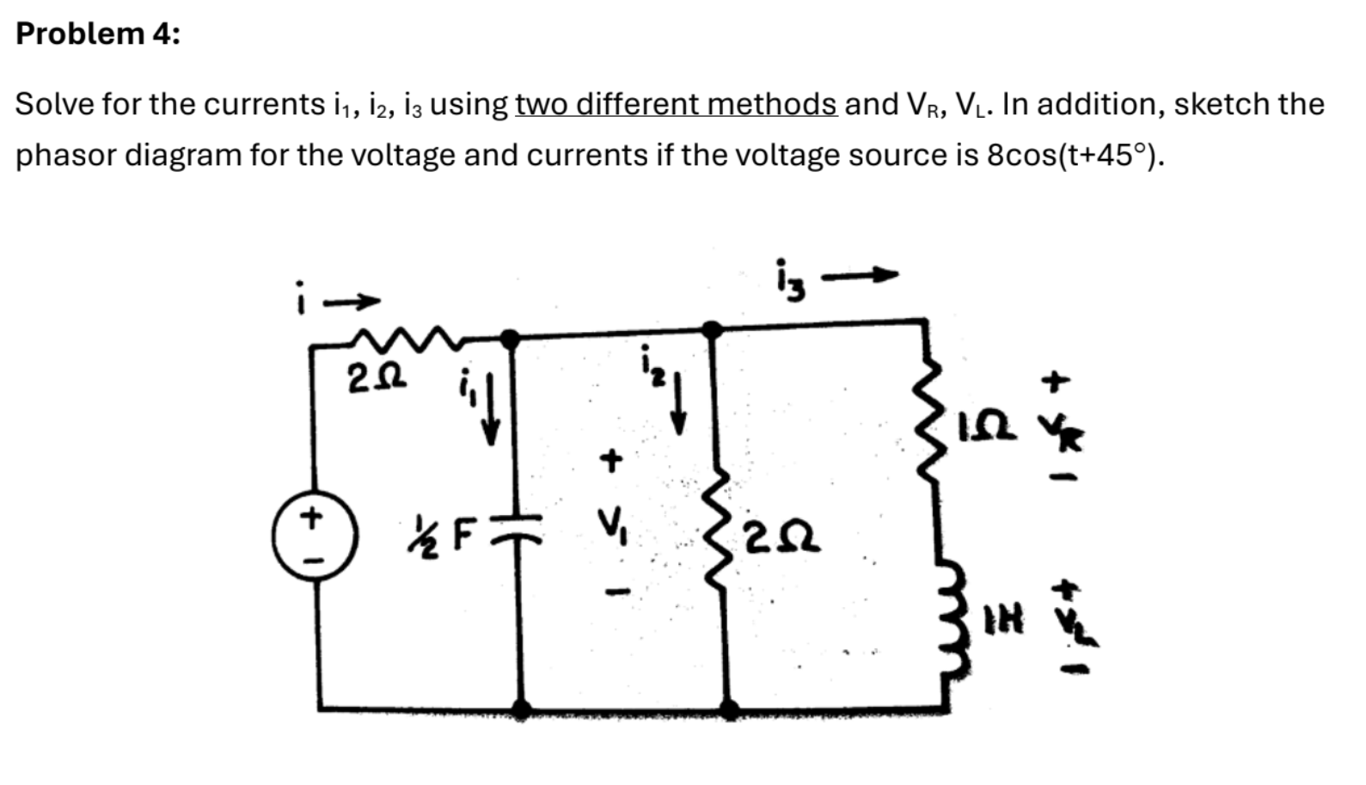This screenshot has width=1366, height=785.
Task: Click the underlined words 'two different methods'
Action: [x=676, y=105]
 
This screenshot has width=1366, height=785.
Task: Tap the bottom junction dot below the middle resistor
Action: [x=728, y=709]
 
